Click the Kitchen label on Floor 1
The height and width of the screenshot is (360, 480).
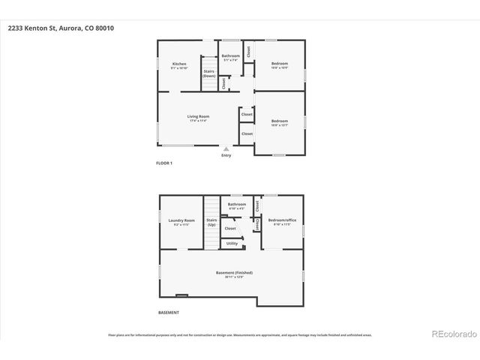[x=179, y=64]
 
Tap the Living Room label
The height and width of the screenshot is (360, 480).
[x=198, y=116]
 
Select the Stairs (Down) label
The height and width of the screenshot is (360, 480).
[x=209, y=73]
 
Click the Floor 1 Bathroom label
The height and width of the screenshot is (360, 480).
[x=230, y=55]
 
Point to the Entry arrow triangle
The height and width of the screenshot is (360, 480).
[x=226, y=149]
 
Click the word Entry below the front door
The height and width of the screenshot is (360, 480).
[x=226, y=155]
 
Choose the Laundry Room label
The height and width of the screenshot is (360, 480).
[x=182, y=220]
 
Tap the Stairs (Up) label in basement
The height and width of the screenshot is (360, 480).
[x=211, y=222]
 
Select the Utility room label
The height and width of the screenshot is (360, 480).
[x=232, y=243]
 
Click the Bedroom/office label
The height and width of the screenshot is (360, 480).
[x=282, y=220]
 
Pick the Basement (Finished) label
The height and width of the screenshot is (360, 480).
[x=234, y=272]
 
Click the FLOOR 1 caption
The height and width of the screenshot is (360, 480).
[x=164, y=162]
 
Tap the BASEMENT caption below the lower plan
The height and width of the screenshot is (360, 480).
[x=168, y=312]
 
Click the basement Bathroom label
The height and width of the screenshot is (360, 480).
[x=237, y=204]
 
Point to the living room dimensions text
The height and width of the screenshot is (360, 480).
[x=198, y=121]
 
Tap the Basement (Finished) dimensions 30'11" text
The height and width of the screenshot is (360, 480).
[x=234, y=277]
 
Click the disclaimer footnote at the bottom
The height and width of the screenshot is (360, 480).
[x=239, y=335]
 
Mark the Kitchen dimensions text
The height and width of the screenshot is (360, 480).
[x=179, y=68]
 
